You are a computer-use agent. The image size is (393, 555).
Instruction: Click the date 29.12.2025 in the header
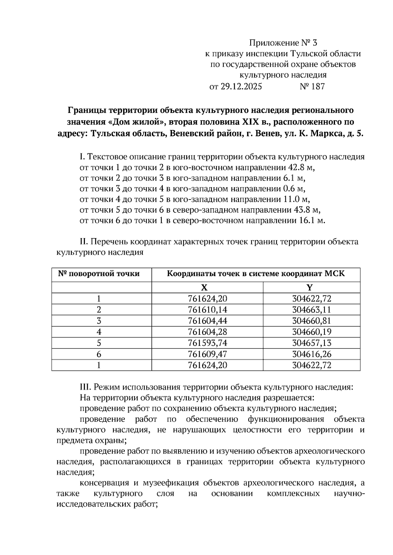tap(241, 87)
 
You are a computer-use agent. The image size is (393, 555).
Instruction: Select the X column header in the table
tap(204, 287)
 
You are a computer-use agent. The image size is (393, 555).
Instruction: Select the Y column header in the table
tap(309, 287)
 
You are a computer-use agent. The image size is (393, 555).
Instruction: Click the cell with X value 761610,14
tap(208, 310)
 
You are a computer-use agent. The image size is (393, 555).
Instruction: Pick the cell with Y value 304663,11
tap(312, 310)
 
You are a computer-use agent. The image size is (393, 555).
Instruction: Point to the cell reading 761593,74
tap(208, 343)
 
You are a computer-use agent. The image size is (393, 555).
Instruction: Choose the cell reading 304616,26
tap(312, 354)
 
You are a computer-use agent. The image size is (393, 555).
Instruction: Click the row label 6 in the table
tap(99, 354)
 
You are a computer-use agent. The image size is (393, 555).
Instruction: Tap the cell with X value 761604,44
tap(208, 321)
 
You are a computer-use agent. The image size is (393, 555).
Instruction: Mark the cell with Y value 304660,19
tap(312, 332)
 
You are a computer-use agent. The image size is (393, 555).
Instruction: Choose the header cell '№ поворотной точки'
tap(99, 274)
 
